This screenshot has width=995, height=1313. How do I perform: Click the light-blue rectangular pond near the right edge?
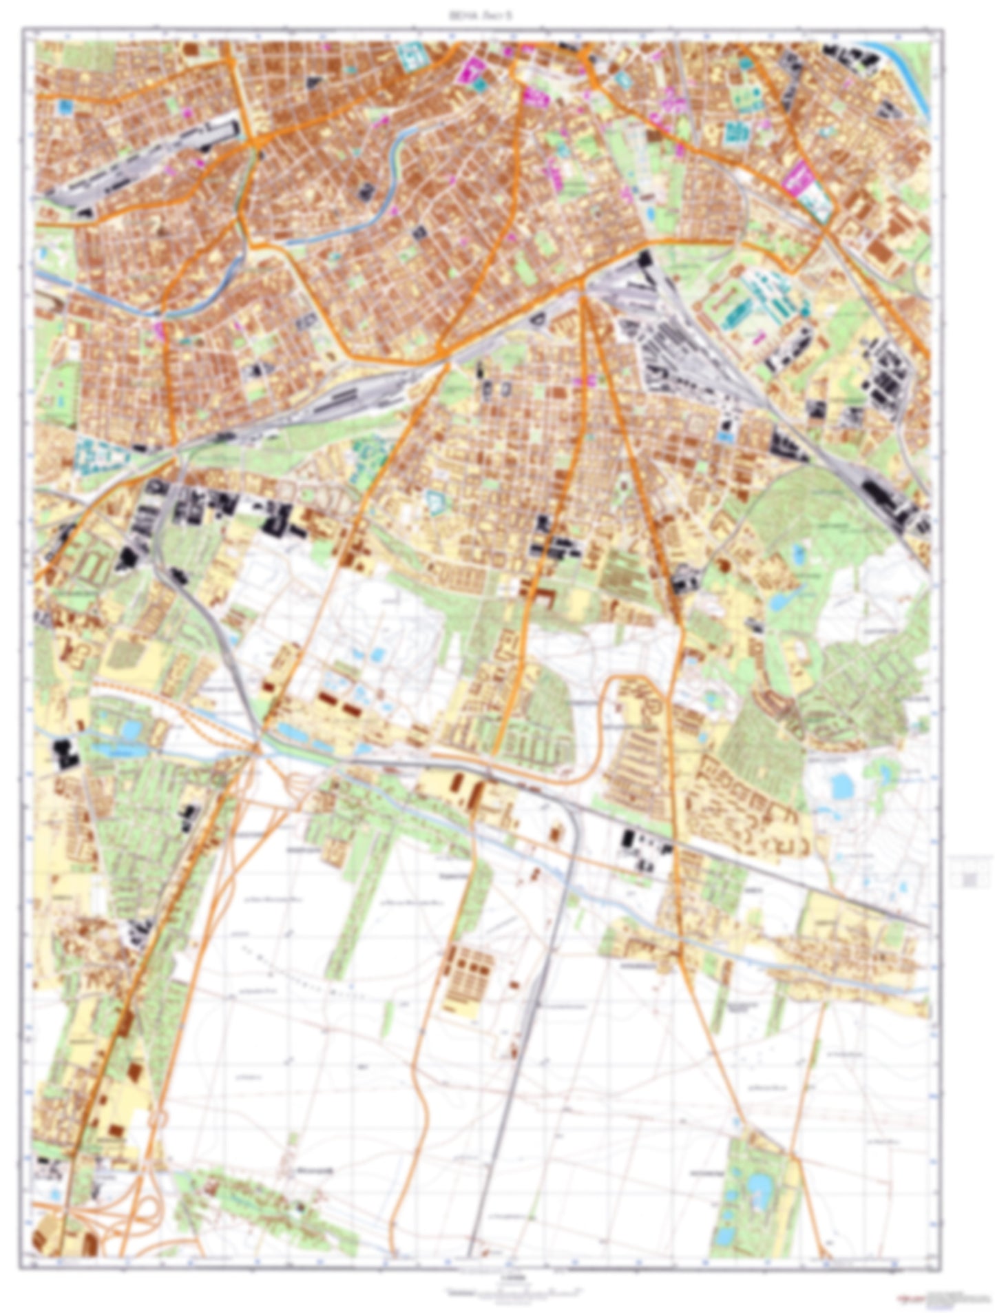[x=841, y=784]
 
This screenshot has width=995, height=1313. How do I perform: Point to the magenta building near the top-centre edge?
[x=473, y=70]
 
